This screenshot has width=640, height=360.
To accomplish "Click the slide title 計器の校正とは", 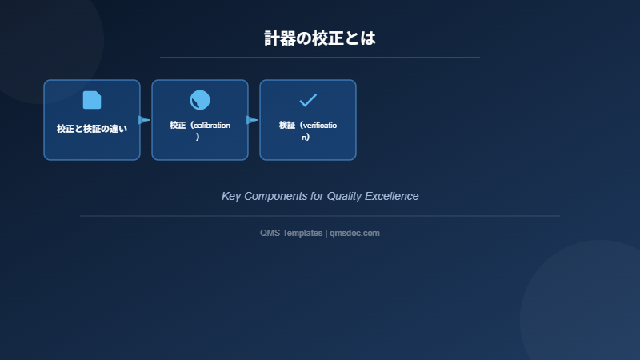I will click(x=320, y=38).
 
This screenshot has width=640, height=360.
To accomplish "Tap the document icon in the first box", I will click(x=92, y=100).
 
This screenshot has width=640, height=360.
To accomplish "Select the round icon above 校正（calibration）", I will click(x=200, y=100).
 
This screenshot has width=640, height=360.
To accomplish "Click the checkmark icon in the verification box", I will click(x=308, y=100).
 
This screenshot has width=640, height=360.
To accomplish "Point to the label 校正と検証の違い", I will click(x=92, y=129).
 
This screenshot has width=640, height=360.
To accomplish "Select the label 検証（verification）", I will click(x=308, y=130).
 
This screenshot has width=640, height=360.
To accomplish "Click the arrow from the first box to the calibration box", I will click(x=145, y=120).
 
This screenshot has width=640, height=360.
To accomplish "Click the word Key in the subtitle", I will click(x=230, y=196).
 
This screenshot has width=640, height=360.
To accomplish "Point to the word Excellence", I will click(x=394, y=196).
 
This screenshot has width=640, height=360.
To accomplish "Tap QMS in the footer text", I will click(x=270, y=233).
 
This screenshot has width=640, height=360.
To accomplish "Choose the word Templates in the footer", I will click(x=302, y=233).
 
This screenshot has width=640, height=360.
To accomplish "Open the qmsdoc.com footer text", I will click(x=354, y=233).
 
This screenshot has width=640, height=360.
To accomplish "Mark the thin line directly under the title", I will click(x=320, y=58).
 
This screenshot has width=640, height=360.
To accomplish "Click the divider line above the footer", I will click(x=320, y=216).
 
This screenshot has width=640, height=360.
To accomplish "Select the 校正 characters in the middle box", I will click(x=178, y=125).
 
